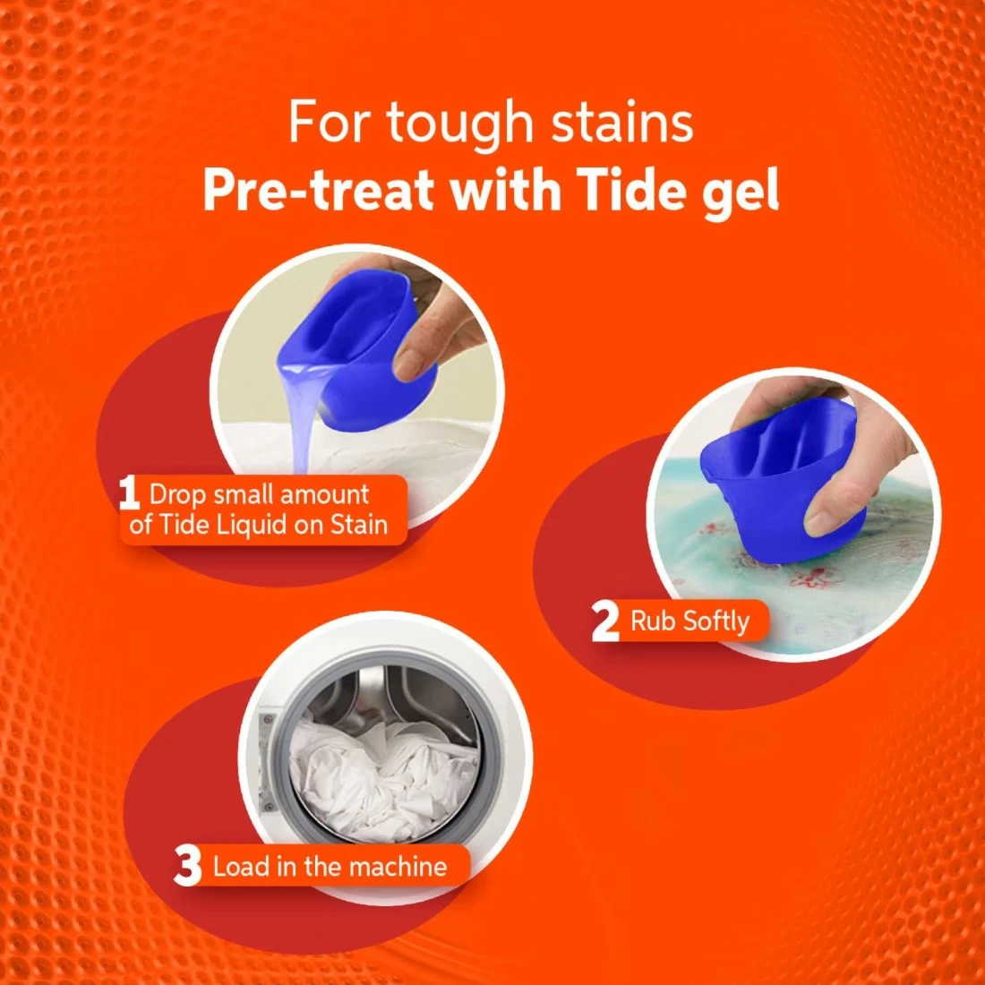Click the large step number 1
129,493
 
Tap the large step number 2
605,621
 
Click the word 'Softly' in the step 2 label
715,622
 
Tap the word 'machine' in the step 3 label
398,867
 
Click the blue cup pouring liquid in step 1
355,352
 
